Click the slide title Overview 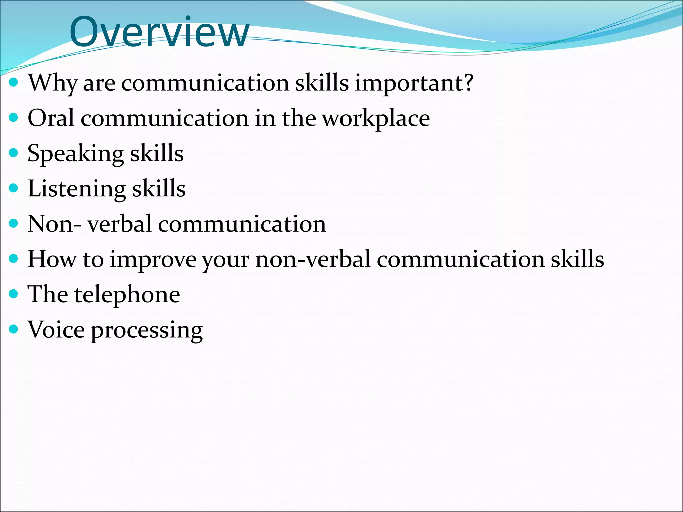159,32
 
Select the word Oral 51,118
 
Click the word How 52,259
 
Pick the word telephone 127,295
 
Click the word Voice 56,330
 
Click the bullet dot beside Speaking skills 13,153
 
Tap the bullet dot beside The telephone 13,294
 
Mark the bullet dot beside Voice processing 13,329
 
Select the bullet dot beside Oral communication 13,118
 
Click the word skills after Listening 159,189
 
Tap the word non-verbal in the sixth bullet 313,259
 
